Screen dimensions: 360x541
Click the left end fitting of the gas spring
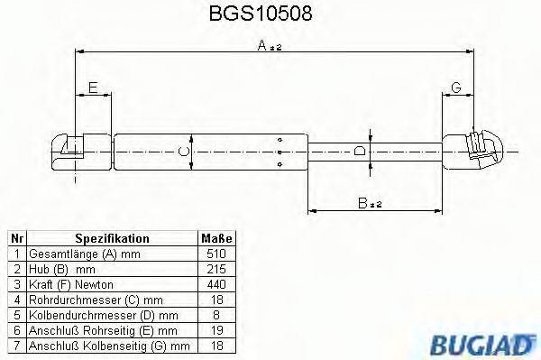(68, 150)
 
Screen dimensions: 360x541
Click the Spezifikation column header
(112, 238)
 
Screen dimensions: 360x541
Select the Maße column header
(215, 238)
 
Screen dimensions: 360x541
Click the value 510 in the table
(215, 254)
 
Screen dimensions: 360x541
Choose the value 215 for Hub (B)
(215, 269)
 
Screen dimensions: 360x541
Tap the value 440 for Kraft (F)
(215, 284)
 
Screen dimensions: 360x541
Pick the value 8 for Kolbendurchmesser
(215, 315)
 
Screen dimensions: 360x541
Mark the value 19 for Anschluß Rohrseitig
(215, 330)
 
